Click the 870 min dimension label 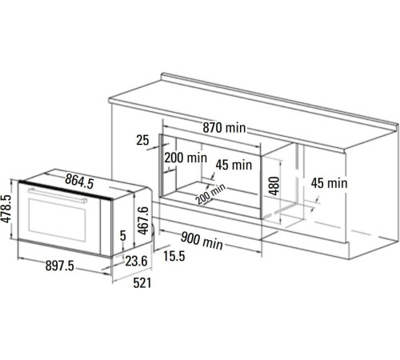pos(224,127)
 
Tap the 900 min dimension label pos(202,241)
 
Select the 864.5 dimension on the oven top pos(79,182)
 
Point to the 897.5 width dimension pos(59,266)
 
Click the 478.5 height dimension pos(6,209)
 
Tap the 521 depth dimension pos(142,283)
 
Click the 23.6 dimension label pos(136,261)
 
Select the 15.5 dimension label pos(174,256)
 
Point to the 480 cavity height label pos(274,186)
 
